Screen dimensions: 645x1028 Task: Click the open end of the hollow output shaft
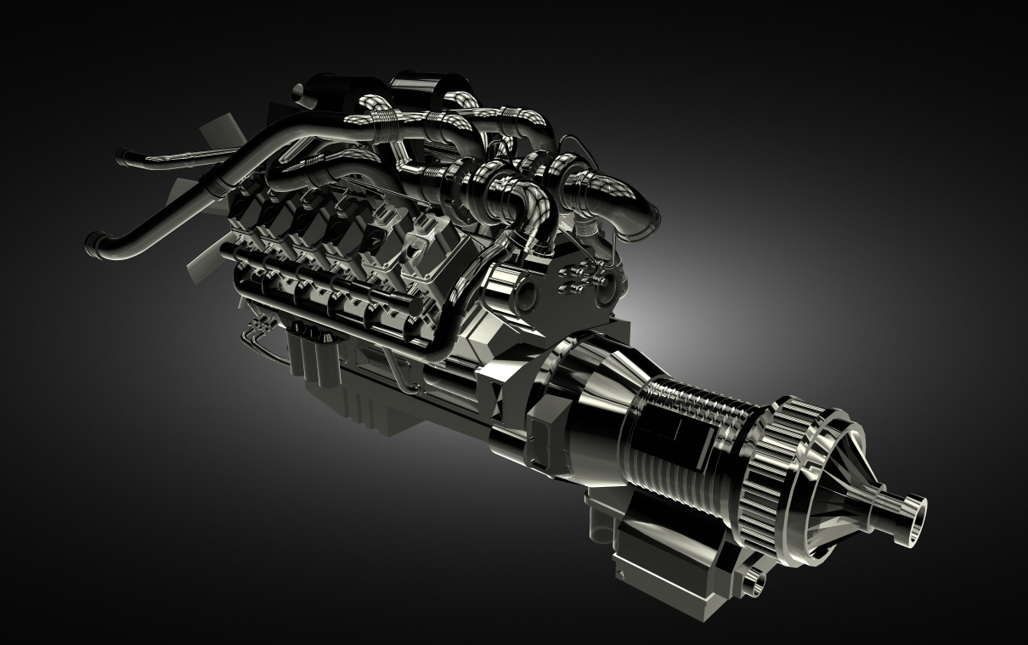[x=916, y=516]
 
